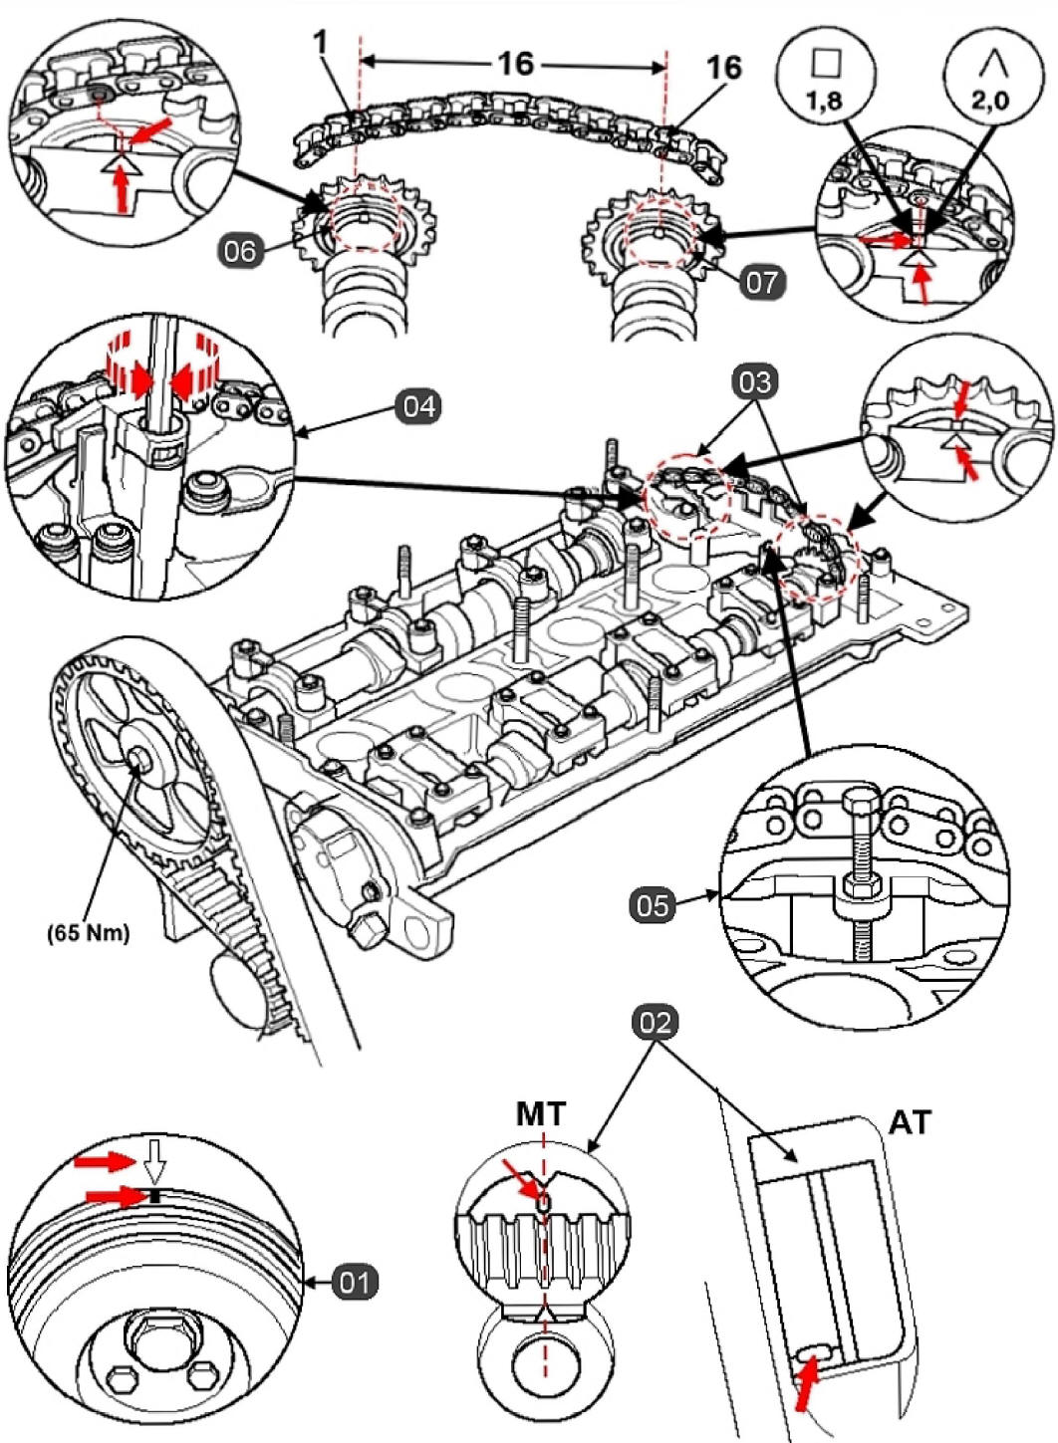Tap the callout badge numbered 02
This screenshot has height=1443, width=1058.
click(x=657, y=1023)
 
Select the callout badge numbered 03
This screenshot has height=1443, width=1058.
click(x=755, y=382)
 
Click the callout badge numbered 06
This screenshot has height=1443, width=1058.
click(x=240, y=251)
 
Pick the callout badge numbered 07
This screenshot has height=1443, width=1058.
click(x=763, y=282)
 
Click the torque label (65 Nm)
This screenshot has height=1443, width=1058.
click(x=89, y=933)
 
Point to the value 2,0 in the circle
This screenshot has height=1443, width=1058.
click(x=993, y=102)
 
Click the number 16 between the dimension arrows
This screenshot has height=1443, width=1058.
click(x=516, y=63)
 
